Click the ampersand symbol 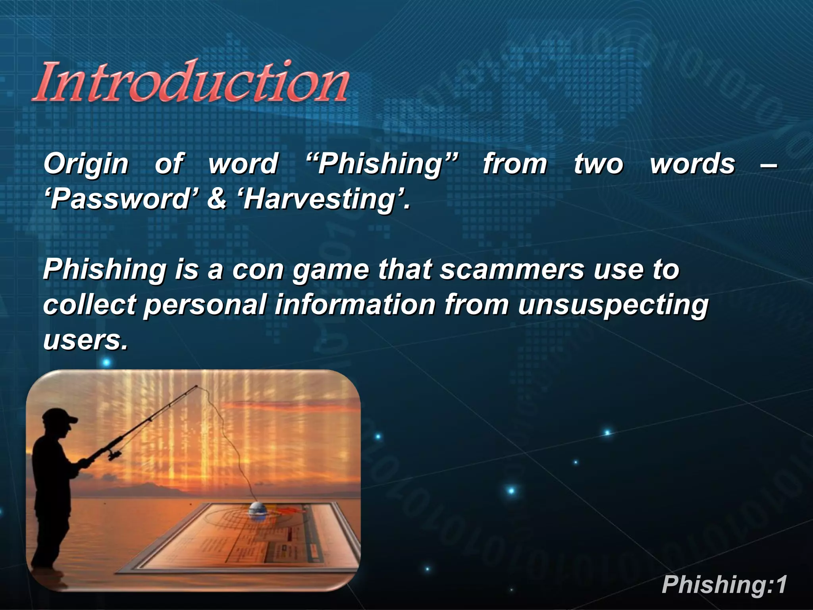point(217,199)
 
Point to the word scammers point(512,270)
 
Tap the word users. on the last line point(85,340)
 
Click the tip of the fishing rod point(197,386)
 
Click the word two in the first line point(599,164)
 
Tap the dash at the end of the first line point(768,164)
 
